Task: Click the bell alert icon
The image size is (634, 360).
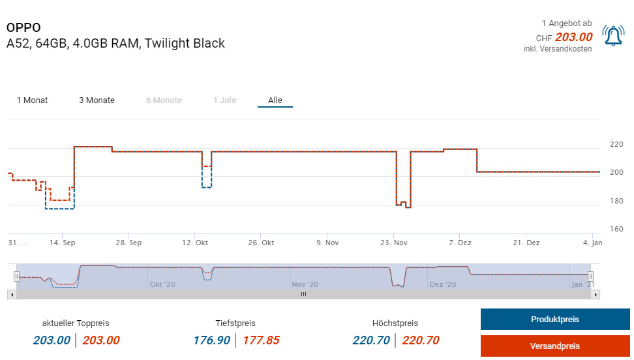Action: click(x=613, y=36)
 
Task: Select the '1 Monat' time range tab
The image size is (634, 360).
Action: click(x=32, y=100)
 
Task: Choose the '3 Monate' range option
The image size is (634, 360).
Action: click(x=97, y=100)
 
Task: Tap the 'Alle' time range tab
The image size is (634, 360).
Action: click(x=275, y=100)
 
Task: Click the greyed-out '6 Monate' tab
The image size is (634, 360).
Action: click(x=164, y=100)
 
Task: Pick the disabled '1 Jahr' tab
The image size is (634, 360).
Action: click(x=225, y=100)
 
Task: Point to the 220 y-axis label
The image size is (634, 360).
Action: click(x=616, y=144)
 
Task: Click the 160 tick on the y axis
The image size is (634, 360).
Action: click(x=616, y=230)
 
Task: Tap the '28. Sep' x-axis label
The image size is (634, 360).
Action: click(x=128, y=243)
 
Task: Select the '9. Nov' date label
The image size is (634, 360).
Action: click(x=327, y=243)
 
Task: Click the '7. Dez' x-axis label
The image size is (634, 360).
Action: click(x=460, y=243)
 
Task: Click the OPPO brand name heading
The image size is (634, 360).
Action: click(x=23, y=27)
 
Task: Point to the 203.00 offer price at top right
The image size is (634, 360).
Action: click(x=573, y=37)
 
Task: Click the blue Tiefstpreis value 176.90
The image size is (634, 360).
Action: click(x=211, y=340)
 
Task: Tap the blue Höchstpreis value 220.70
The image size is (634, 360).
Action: click(x=370, y=340)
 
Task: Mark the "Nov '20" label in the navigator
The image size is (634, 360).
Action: click(x=305, y=284)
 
